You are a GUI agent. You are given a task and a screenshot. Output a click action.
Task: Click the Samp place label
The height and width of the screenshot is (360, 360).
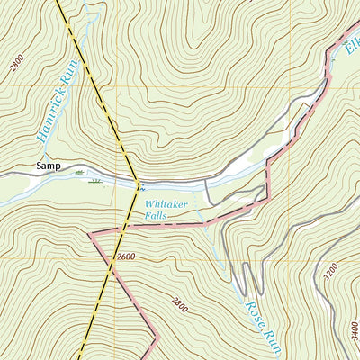(48, 166)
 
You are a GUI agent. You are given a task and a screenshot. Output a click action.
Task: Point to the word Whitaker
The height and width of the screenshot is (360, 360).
(166, 204)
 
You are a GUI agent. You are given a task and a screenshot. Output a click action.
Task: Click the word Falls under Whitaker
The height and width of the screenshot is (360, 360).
(158, 216)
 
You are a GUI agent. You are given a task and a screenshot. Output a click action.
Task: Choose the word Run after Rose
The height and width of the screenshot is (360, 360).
(268, 340)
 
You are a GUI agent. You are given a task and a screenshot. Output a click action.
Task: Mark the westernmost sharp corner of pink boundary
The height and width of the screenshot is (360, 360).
(89, 233)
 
